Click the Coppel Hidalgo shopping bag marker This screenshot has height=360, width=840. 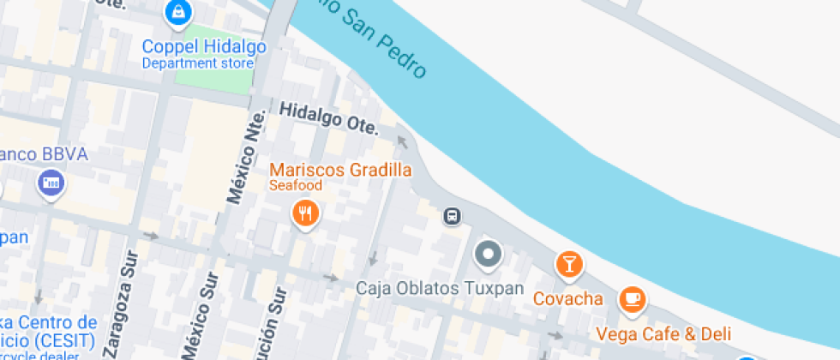click(177, 12)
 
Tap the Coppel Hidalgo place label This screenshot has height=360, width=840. click(204, 46)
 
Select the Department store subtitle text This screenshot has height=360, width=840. click(197, 63)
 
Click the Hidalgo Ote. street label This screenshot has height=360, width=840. click(328, 117)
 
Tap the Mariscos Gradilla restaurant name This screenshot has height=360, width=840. click(340, 170)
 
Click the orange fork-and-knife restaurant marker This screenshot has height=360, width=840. click(306, 212)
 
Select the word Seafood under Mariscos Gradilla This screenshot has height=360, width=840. click(296, 185)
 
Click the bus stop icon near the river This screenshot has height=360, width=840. click(452, 216)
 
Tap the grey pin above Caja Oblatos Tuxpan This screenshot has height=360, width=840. click(489, 254)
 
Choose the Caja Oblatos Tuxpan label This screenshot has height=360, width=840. click(440, 288)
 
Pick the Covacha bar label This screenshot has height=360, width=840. click(568, 299)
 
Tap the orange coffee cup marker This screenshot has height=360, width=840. click(633, 298)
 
